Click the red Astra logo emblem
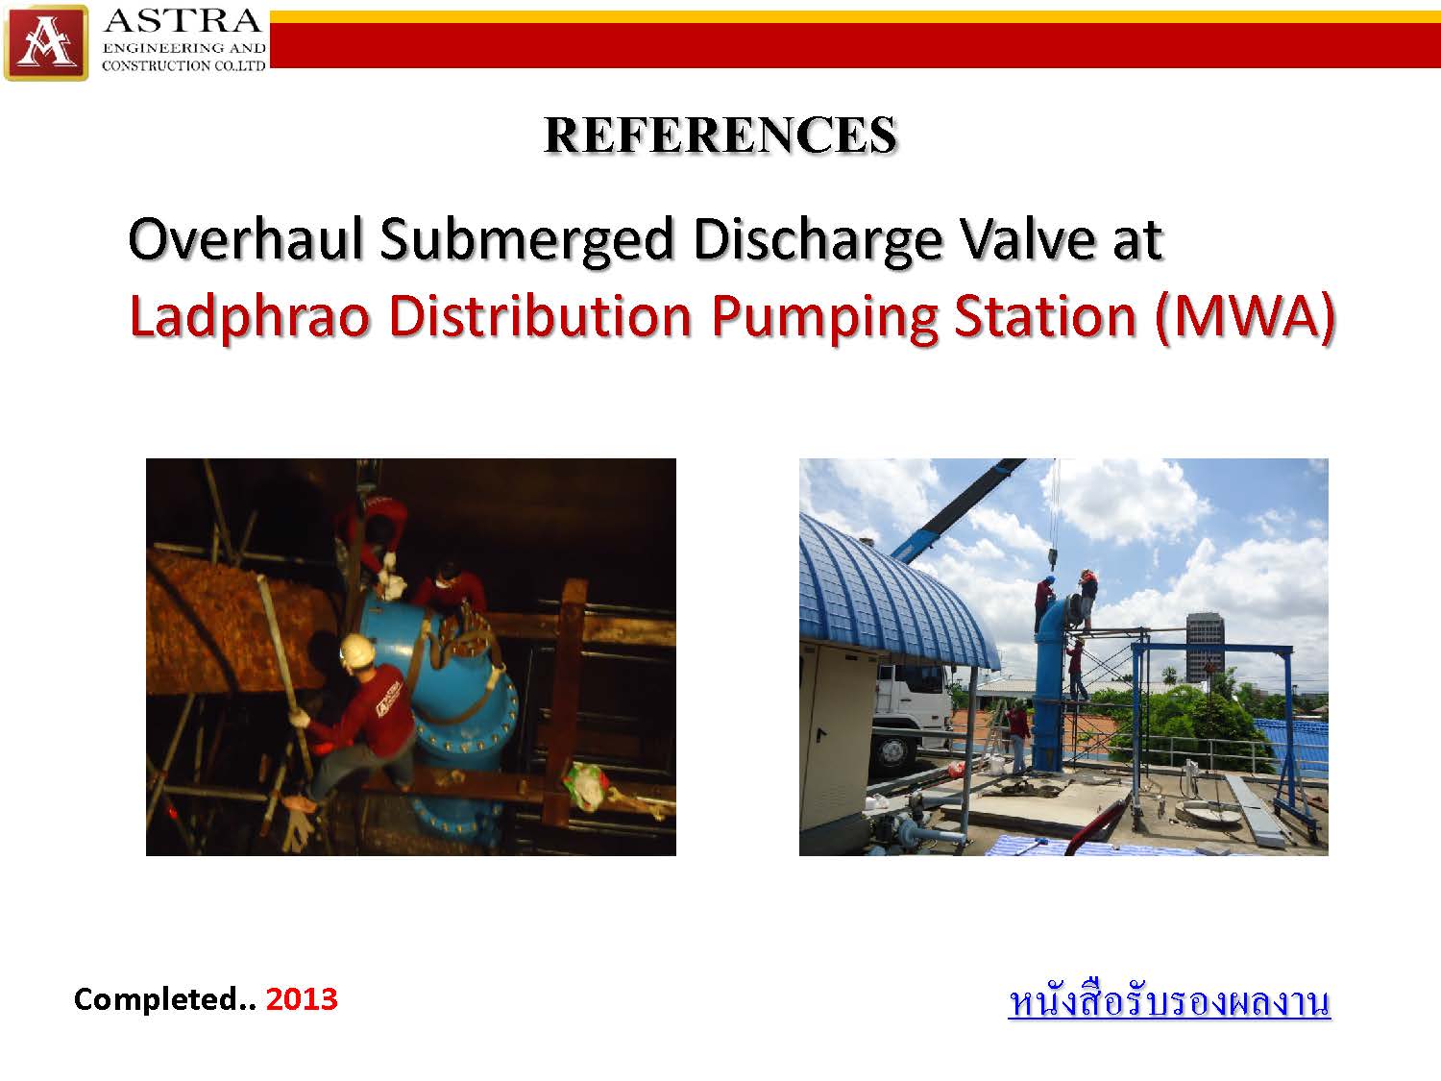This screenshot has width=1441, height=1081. (x=46, y=42)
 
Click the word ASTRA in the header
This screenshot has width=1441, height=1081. (x=183, y=21)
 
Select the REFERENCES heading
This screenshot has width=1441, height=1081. (x=720, y=135)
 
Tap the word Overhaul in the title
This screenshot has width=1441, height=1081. (x=245, y=239)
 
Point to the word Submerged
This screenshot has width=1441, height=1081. (x=527, y=241)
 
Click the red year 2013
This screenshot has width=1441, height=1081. (x=302, y=999)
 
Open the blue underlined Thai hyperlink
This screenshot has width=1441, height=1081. (x=1169, y=1000)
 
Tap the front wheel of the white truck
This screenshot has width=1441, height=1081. (x=893, y=752)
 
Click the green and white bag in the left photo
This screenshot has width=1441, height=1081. (x=587, y=786)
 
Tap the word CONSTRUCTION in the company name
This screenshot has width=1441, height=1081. (x=156, y=65)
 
